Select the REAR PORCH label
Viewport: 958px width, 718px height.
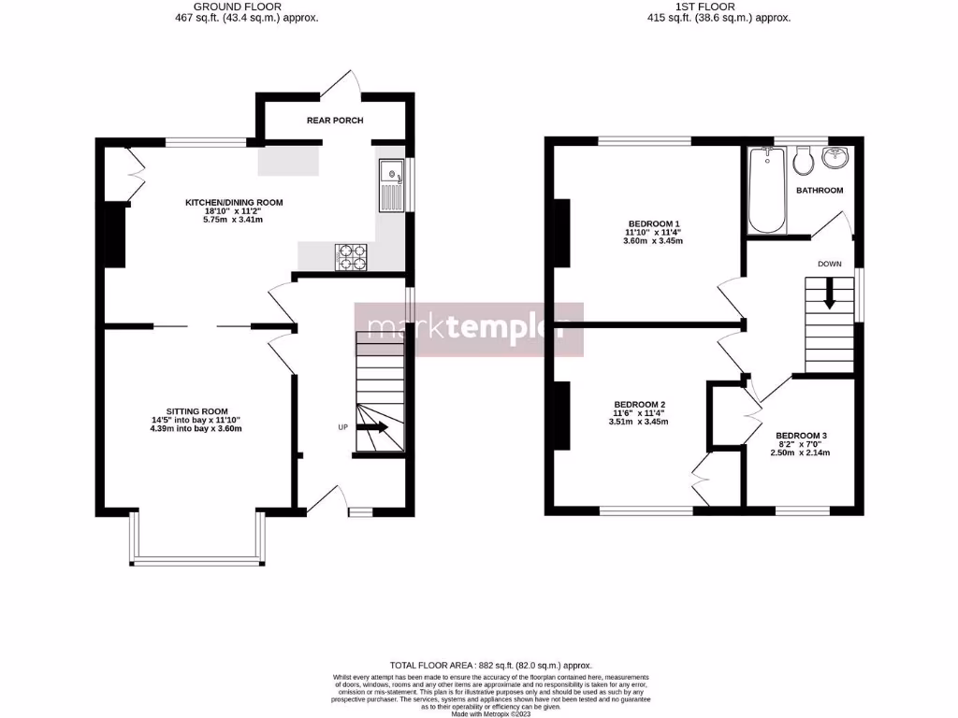click(335, 121)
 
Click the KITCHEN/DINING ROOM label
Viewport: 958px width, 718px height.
click(234, 202)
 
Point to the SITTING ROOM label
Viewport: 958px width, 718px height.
click(197, 411)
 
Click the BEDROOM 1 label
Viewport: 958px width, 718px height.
click(653, 223)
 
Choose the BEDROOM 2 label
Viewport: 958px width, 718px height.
click(639, 404)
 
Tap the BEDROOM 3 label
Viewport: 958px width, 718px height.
click(800, 436)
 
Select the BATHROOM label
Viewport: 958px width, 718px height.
click(820, 191)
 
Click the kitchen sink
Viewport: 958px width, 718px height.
click(390, 184)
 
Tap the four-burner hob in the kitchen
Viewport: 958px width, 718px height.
click(352, 255)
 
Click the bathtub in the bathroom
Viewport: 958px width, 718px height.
click(766, 192)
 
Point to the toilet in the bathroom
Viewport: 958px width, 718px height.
click(801, 163)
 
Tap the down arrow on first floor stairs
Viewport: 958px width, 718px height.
click(829, 298)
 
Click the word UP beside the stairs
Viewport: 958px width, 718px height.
click(343, 427)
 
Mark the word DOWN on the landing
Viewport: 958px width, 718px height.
click(829, 265)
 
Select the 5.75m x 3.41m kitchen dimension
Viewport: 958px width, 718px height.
click(234, 221)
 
